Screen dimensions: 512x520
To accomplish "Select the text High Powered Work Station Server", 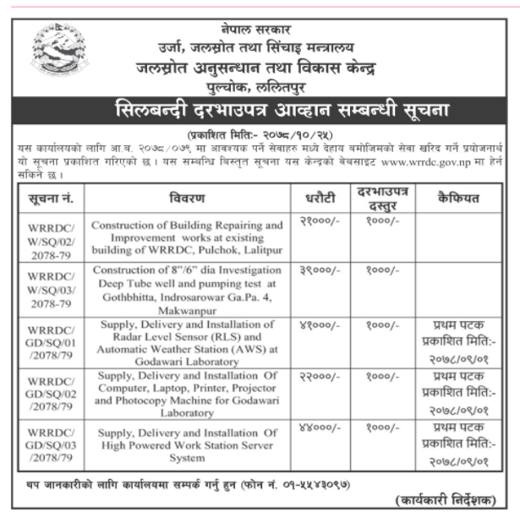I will pos(187,445).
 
